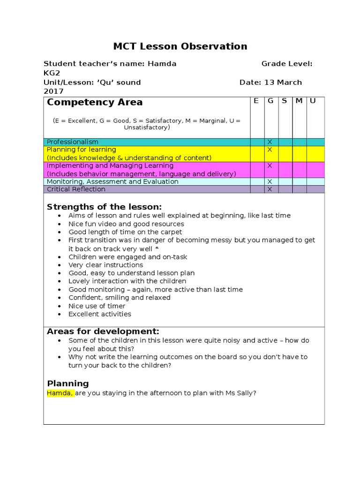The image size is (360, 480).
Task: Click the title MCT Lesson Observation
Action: (x=180, y=46)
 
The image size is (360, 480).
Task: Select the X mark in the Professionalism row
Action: (x=270, y=142)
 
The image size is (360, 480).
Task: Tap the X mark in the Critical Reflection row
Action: (x=270, y=189)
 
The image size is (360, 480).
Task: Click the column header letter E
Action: (x=256, y=101)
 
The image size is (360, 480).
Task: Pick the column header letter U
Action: (x=313, y=101)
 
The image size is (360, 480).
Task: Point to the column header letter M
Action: (x=299, y=101)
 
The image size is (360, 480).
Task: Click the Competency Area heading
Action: (x=95, y=102)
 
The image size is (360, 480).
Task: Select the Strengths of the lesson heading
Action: (x=104, y=207)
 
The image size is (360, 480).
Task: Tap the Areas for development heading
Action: (x=103, y=331)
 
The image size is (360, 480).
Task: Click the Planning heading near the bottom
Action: (x=67, y=383)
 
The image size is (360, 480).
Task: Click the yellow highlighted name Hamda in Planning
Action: (x=60, y=393)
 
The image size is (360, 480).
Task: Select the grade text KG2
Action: (x=52, y=73)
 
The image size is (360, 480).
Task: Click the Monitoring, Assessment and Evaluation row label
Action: (x=112, y=181)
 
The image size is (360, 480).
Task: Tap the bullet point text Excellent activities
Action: (x=100, y=314)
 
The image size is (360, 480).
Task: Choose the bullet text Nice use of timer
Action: (x=97, y=306)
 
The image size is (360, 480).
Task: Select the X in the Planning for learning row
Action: (x=270, y=150)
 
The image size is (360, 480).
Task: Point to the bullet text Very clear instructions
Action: (x=105, y=265)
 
